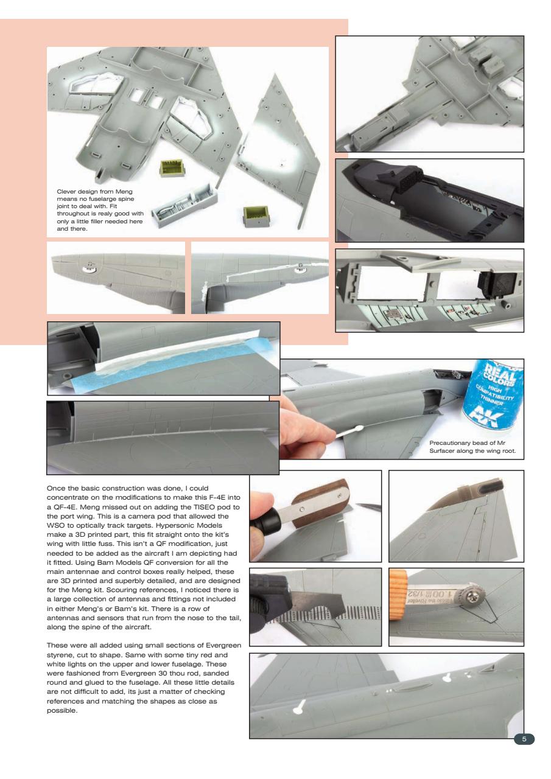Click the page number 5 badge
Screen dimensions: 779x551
[x=524, y=739]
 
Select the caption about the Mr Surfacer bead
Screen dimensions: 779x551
[x=472, y=447]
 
